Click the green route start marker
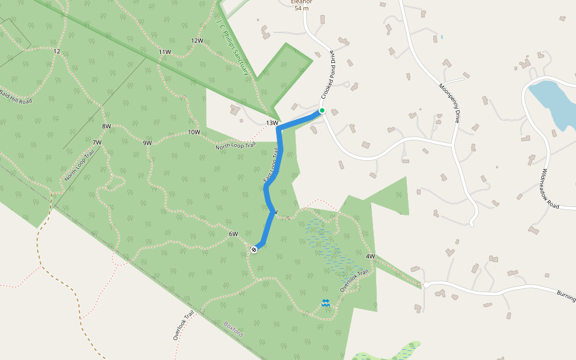click(322, 110)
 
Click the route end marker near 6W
click(254, 249)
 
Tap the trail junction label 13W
click(272, 123)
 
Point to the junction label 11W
click(165, 52)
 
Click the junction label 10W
click(194, 132)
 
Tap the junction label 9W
click(147, 143)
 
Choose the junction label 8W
click(107, 126)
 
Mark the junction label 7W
click(97, 142)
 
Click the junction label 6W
click(233, 234)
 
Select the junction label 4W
click(370, 257)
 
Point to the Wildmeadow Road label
click(550, 188)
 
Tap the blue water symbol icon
click(325, 304)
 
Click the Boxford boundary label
click(233, 329)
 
